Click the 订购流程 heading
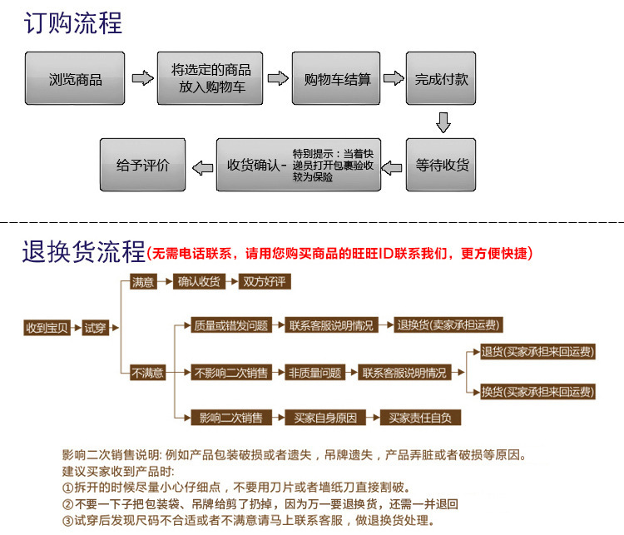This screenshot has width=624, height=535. tap(73, 22)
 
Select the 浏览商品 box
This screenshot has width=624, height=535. tap(76, 80)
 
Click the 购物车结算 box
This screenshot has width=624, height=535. tap(337, 80)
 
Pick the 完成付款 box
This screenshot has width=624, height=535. tap(442, 80)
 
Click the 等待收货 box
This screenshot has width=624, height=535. tap(442, 165)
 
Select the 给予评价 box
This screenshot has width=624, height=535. tap(142, 165)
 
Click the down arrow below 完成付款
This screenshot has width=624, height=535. tap(443, 123)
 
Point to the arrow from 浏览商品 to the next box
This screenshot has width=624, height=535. tap(143, 79)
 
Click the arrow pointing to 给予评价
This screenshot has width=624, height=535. tap(201, 166)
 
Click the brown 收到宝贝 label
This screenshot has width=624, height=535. tap(47, 327)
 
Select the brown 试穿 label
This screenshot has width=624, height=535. tap(96, 327)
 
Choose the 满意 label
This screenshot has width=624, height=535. tap(142, 282)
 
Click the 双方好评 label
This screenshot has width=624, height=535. tap(262, 282)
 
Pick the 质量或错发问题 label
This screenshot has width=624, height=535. tap(230, 325)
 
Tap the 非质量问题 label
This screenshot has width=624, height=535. tap(315, 373)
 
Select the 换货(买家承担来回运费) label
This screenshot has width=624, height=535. tap(538, 392)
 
